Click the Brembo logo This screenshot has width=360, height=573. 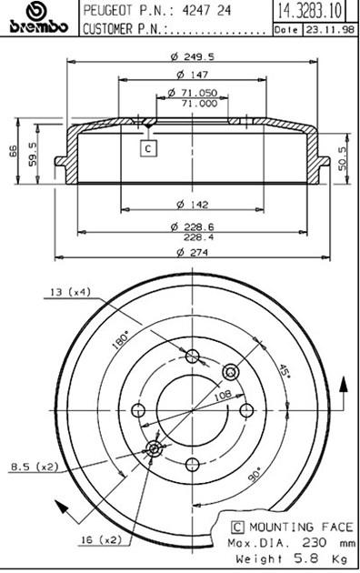click(39, 18)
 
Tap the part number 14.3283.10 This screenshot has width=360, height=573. click(310, 11)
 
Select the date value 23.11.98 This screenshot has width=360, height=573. click(330, 30)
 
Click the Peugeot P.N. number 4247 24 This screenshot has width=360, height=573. click(206, 10)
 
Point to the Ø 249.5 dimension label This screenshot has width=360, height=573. click(193, 56)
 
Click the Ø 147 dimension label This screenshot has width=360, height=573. click(193, 75)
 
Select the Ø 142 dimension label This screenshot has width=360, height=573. click(193, 205)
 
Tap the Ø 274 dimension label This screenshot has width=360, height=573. click(193, 252)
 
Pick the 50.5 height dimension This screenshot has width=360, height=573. click(342, 158)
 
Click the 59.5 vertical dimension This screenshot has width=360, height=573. click(33, 155)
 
